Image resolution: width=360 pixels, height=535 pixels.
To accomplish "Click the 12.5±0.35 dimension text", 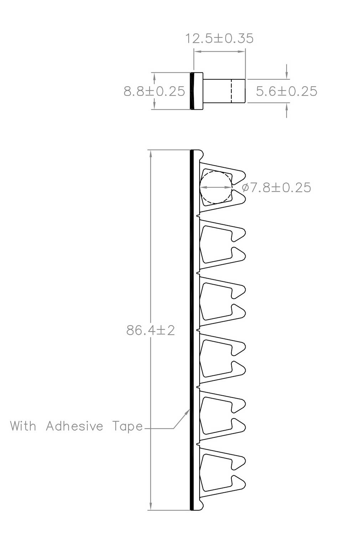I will coord(219,38).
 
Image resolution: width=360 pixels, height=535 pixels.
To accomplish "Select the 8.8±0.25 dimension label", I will coord(154,92).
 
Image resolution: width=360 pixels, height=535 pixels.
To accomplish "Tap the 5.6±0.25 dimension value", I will coord(286,92).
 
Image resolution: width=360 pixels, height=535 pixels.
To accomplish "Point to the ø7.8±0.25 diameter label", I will coord(276,187).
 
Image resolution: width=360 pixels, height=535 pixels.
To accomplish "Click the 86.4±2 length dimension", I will coord(150,331).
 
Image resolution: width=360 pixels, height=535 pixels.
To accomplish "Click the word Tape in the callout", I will coord(128,426).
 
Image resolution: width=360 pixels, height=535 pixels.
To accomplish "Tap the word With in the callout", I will coord(23,426).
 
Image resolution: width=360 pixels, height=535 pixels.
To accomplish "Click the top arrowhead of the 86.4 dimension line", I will coord(151,154).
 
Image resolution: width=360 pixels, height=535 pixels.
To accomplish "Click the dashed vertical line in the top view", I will coord(231,91).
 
